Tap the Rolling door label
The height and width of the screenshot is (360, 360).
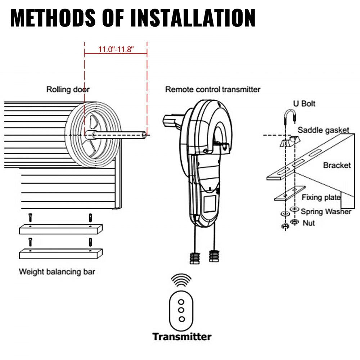click(68, 89)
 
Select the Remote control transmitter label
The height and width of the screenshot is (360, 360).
click(212, 89)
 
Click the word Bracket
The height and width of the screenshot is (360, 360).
click(337, 166)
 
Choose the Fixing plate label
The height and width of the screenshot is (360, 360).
click(321, 197)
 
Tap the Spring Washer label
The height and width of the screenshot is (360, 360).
click(326, 212)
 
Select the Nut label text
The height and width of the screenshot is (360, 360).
click(309, 223)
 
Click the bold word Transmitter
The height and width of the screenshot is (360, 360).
click(182, 337)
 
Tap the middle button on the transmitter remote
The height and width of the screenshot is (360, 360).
click(181, 310)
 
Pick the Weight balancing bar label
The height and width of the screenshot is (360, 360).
click(57, 272)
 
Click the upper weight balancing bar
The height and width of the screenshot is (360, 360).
click(60, 229)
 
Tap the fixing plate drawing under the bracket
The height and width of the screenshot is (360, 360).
click(290, 193)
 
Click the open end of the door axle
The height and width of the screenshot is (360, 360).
click(144, 135)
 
